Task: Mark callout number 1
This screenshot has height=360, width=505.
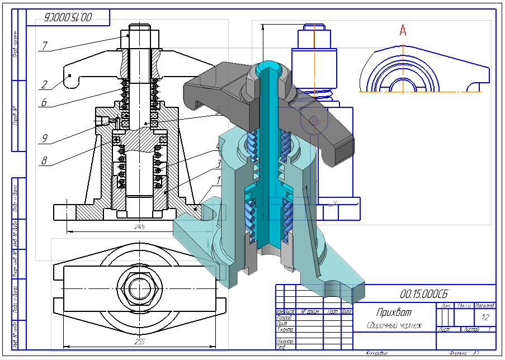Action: click(x=219, y=181)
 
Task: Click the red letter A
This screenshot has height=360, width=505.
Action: click(x=403, y=31)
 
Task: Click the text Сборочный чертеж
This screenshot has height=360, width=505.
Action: click(x=394, y=325)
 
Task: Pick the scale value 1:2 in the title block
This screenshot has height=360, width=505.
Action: click(x=485, y=318)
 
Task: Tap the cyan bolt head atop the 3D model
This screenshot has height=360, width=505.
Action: click(x=268, y=69)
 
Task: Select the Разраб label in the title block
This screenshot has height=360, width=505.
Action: click(x=285, y=318)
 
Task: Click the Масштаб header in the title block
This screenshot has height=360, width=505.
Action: click(x=484, y=306)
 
